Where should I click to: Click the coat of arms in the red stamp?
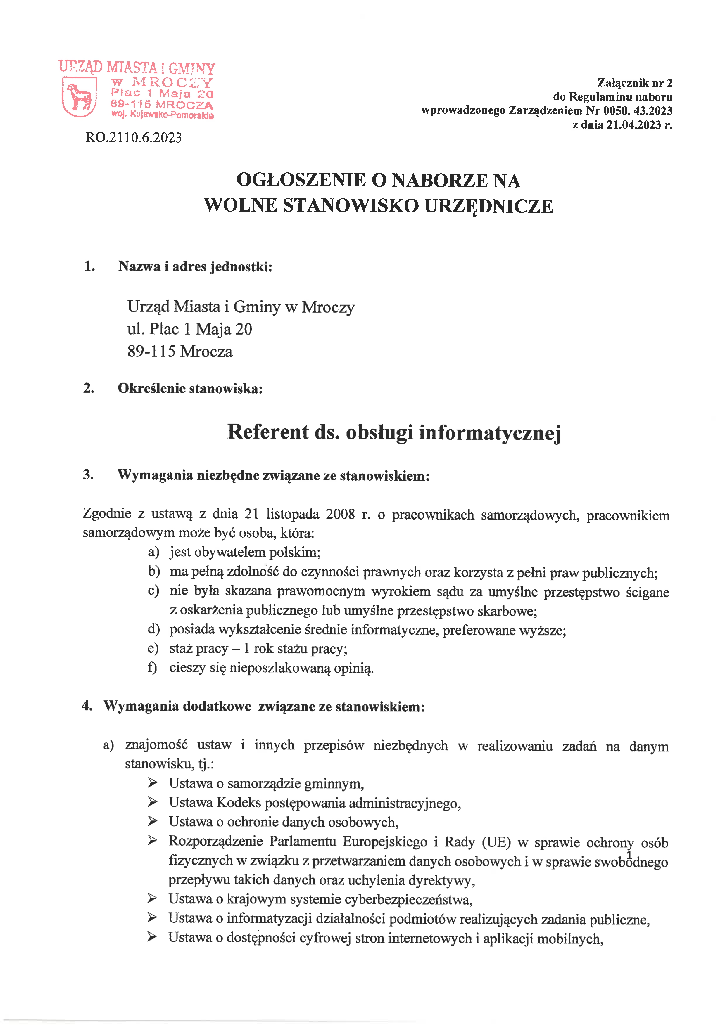pyautogui.click(x=79, y=96)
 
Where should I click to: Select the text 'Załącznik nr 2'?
pyautogui.click(x=634, y=83)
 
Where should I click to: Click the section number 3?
pyautogui.click(x=88, y=475)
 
